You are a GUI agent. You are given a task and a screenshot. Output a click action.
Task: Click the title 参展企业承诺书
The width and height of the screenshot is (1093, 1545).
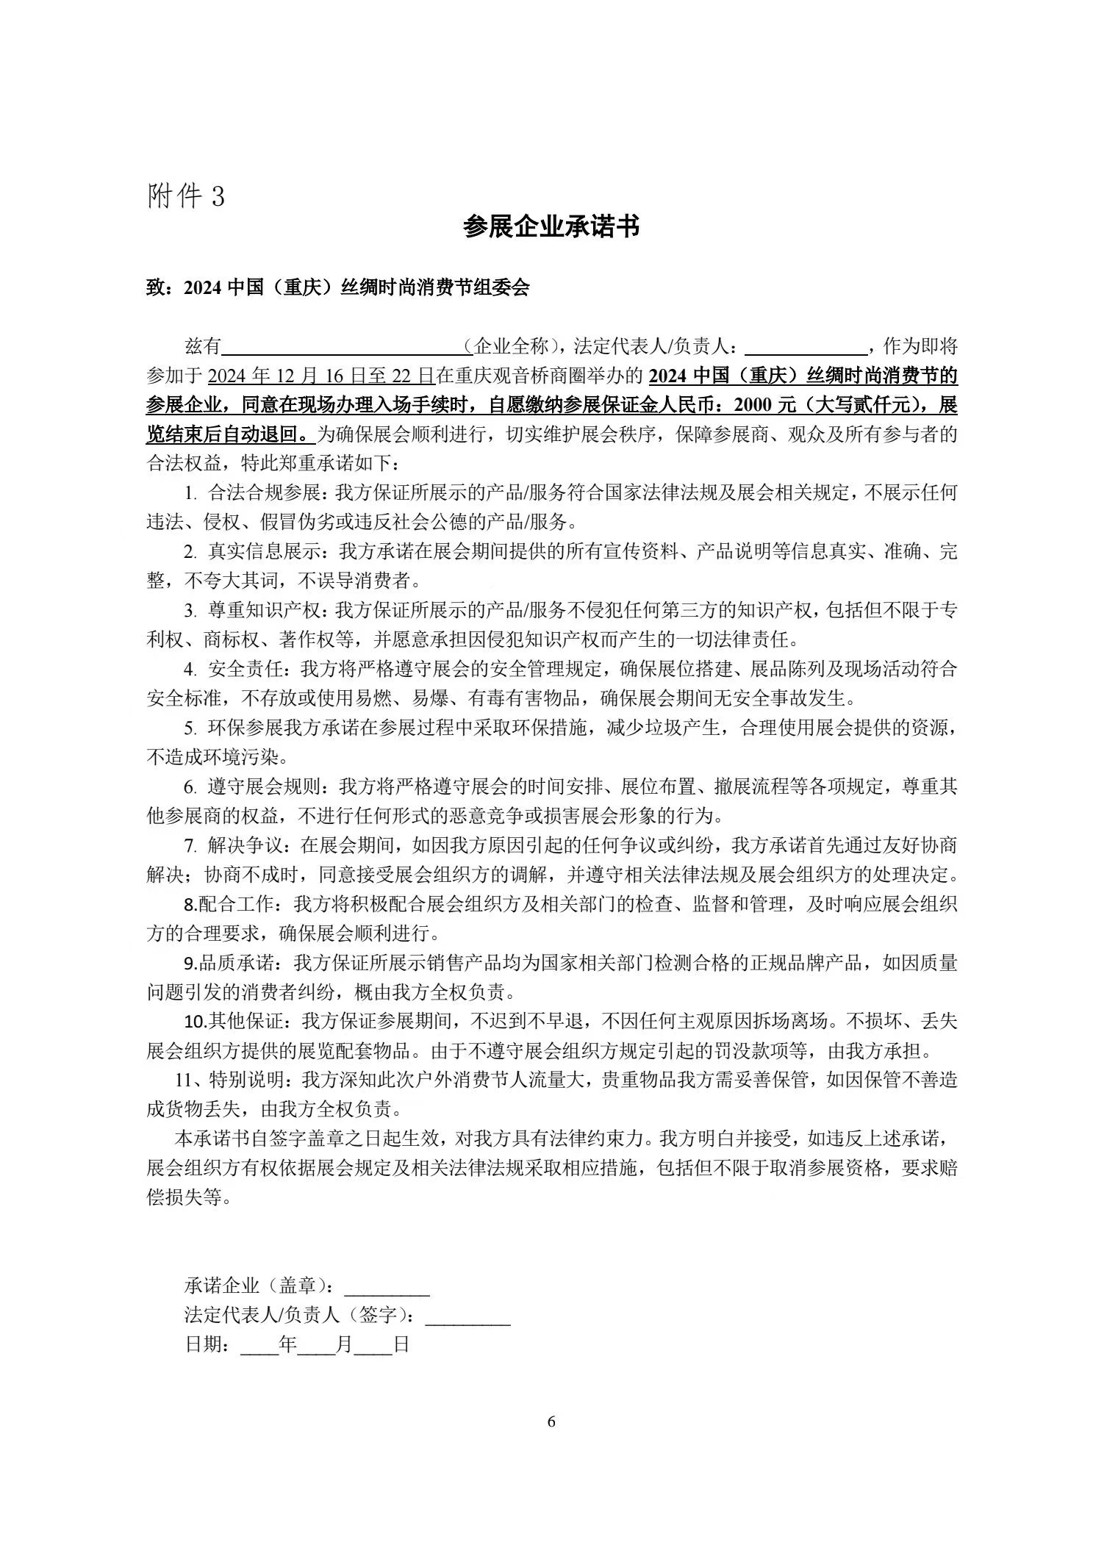tap(551, 227)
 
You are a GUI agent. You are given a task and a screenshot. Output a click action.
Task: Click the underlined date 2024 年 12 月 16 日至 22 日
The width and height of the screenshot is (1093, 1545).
tap(320, 376)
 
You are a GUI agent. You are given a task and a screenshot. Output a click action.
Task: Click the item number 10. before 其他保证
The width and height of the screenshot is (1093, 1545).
tap(195, 1022)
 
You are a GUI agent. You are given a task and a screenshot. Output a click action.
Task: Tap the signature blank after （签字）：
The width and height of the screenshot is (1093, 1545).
tap(467, 1316)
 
